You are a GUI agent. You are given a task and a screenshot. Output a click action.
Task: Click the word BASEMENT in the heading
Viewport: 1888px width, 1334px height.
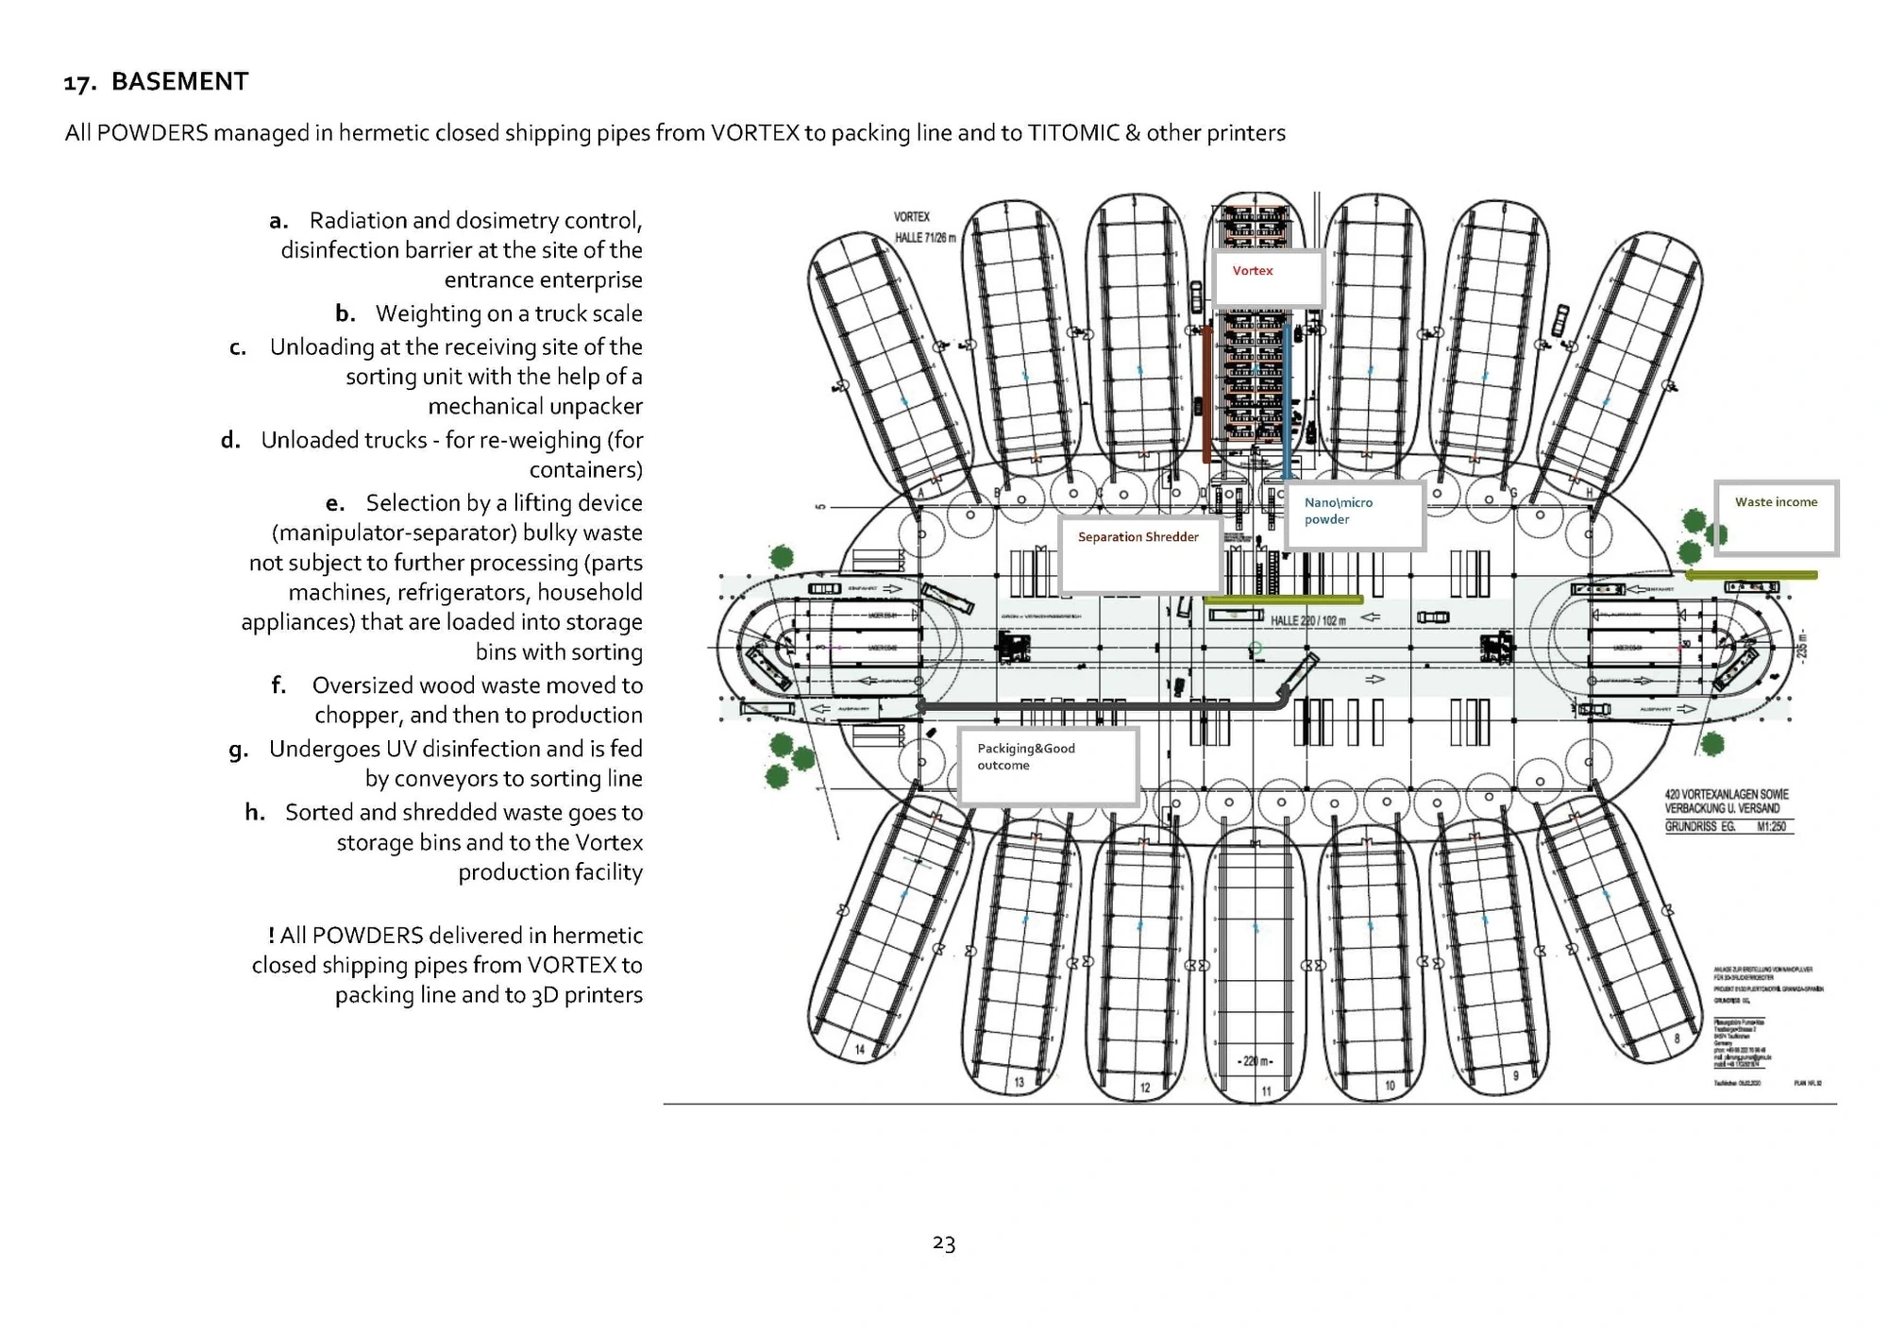[x=179, y=82]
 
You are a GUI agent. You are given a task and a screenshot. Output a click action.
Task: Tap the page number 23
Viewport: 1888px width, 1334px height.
[x=943, y=1243]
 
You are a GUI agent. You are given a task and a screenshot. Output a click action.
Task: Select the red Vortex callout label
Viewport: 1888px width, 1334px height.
[x=1252, y=271]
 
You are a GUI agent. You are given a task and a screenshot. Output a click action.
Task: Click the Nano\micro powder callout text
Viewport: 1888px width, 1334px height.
[x=1338, y=511]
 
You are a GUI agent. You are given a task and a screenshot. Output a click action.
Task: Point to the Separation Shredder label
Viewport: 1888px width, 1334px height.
[x=1138, y=537]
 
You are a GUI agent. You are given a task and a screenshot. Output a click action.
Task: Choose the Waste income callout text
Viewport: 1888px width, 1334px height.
[x=1775, y=502]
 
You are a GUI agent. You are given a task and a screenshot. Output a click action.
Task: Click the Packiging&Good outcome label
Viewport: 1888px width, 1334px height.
[x=1025, y=756]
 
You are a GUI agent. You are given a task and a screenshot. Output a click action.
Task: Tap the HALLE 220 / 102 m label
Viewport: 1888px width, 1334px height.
[x=1307, y=620]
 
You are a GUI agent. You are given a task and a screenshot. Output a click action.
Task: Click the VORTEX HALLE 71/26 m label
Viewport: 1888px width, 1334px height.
[x=923, y=228]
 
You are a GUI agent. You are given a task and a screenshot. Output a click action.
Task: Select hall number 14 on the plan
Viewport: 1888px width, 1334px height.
[x=860, y=1049]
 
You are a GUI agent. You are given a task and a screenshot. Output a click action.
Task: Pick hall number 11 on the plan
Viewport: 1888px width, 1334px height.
[x=1266, y=1090]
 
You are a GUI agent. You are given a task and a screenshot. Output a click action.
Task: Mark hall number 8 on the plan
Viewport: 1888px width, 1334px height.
[x=1677, y=1038]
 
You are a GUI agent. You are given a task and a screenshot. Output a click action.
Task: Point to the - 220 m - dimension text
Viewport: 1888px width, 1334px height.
[x=1255, y=1061]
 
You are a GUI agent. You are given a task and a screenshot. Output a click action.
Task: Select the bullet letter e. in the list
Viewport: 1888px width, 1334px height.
[x=335, y=503]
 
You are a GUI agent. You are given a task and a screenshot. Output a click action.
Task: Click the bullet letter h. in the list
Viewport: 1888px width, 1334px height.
[x=255, y=813]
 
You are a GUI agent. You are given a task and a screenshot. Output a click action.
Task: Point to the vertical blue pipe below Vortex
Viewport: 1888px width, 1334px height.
[x=1287, y=401]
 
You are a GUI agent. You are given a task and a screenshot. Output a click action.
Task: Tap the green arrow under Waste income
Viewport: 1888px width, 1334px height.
[x=1750, y=574]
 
